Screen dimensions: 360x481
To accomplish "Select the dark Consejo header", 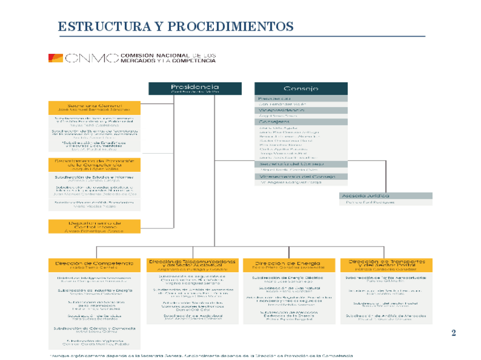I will click(301, 88).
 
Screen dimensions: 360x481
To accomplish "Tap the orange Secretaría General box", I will click(94, 107).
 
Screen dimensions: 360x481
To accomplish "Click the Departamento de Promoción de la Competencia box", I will click(94, 164).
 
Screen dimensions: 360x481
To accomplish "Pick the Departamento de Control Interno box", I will click(94, 226).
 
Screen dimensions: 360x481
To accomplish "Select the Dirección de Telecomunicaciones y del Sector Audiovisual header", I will click(192, 265).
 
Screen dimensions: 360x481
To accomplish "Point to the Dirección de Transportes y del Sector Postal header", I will click(386, 265).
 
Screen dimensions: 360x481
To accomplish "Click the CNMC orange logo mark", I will click(56, 57).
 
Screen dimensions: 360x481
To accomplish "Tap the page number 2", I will click(453, 332).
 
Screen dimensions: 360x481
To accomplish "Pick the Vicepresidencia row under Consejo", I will click(301, 111).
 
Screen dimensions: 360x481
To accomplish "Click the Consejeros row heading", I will click(301, 121).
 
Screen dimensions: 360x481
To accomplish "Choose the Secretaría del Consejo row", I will click(301, 163).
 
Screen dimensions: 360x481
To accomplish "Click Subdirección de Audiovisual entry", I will click(192, 315).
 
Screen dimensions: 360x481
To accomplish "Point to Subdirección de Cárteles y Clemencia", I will click(94, 328).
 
